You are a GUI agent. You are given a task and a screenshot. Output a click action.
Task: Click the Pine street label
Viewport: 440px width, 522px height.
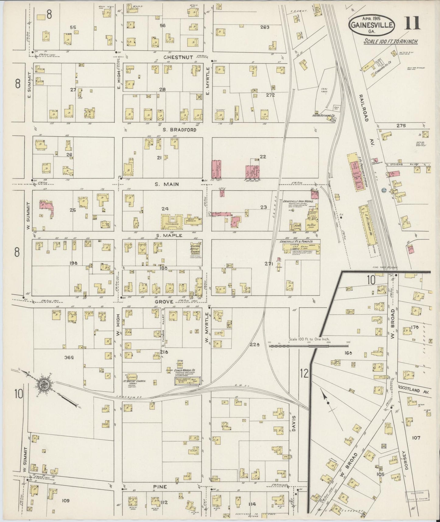point(160,487)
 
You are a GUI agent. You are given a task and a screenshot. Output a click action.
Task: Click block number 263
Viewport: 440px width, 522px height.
point(265,27)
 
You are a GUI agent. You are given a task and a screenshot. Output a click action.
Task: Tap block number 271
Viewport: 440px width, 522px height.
point(268,264)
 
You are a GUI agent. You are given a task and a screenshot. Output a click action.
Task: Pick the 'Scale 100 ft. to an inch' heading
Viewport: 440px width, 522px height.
point(391,41)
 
